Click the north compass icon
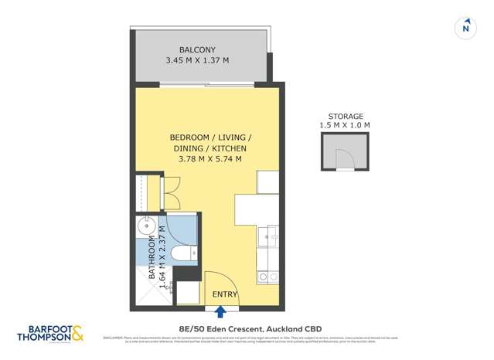(x=465, y=27)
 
